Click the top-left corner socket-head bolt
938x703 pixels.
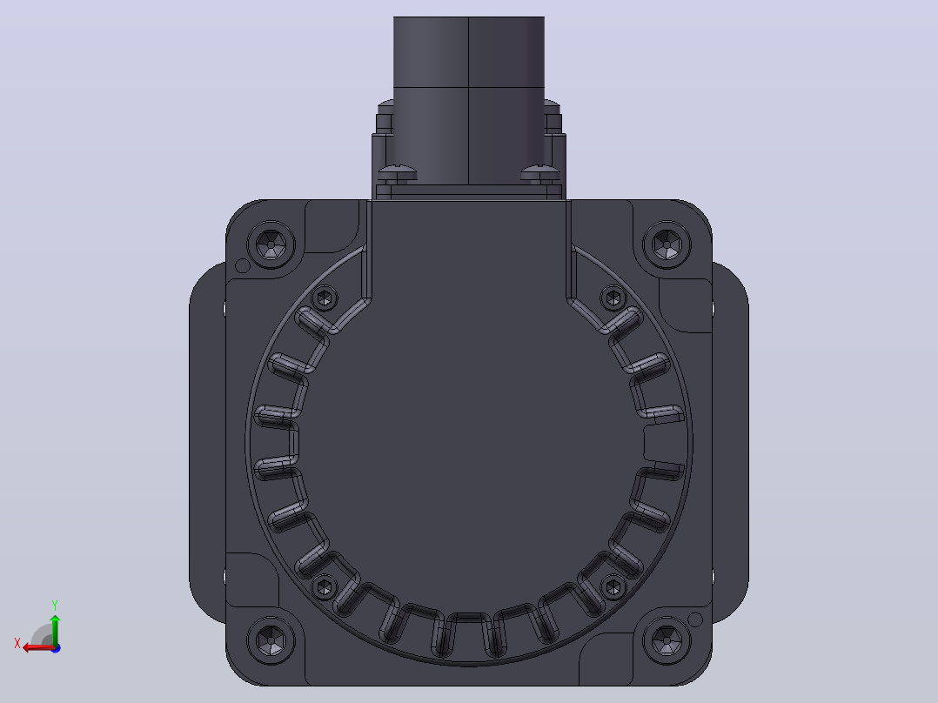[271, 244]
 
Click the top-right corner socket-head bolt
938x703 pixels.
[667, 244]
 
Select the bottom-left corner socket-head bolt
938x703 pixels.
[271, 640]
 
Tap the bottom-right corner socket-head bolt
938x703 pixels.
[667, 640]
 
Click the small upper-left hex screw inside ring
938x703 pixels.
[325, 298]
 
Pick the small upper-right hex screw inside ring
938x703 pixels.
[613, 298]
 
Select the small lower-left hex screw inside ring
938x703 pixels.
[325, 586]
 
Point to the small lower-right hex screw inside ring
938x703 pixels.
[613, 586]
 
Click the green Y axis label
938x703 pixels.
[55, 606]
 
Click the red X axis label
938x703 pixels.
[17, 644]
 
